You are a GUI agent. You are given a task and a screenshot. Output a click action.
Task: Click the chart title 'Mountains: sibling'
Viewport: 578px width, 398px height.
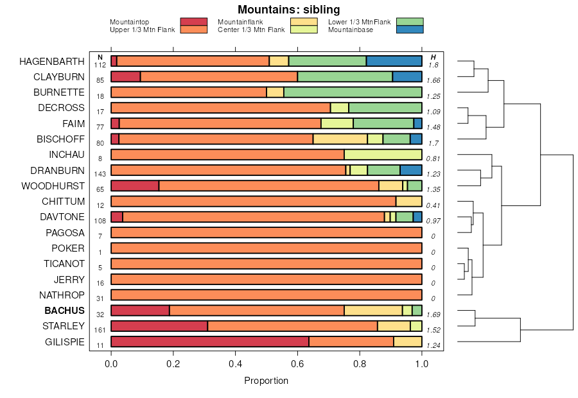(x=288, y=10)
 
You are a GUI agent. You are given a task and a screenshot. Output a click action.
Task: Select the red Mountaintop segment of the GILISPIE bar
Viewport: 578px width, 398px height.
(x=210, y=342)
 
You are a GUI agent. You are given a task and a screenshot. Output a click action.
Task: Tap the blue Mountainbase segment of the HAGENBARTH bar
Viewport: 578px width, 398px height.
(x=394, y=61)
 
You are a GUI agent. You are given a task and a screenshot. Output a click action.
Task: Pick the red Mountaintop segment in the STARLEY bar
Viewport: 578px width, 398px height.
(x=159, y=326)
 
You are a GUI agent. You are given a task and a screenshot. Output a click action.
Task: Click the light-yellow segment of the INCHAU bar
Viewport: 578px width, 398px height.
(x=383, y=155)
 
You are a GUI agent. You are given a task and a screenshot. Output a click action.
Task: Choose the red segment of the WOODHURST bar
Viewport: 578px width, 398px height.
(x=135, y=186)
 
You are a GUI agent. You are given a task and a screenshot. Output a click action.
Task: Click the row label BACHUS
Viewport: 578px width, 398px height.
(x=64, y=311)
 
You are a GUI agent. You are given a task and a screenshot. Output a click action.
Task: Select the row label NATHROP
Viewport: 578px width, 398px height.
(x=62, y=295)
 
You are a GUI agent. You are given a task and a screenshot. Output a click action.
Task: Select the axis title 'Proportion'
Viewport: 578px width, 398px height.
(x=266, y=381)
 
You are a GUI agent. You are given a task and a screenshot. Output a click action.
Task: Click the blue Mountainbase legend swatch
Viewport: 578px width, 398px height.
(x=410, y=30)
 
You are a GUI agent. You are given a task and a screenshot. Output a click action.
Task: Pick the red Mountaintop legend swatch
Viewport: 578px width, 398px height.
(x=194, y=22)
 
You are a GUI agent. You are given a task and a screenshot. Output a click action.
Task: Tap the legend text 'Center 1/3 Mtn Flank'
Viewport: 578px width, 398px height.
(x=251, y=30)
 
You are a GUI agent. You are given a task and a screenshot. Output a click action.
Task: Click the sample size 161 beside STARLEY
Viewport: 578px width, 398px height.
(x=100, y=330)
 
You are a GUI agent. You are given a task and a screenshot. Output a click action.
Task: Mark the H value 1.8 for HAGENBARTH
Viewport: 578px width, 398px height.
(x=433, y=65)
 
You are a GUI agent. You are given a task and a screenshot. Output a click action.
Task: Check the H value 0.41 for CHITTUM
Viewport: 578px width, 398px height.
(x=434, y=205)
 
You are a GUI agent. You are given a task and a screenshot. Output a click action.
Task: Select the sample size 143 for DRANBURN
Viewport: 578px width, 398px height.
(x=100, y=174)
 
